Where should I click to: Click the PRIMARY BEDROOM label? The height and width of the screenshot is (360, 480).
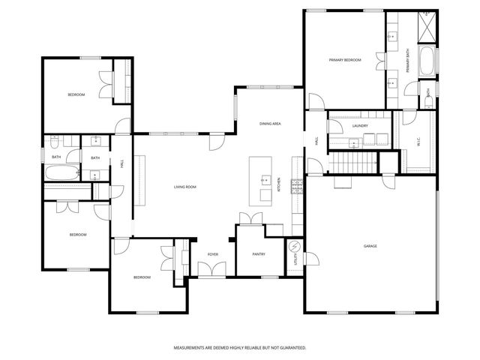(345, 60)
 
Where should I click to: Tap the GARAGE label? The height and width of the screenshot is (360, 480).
(370, 246)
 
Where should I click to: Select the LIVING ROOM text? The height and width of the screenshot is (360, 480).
(185, 187)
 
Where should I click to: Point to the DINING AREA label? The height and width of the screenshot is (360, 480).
(270, 123)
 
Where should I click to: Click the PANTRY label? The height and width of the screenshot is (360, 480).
(259, 255)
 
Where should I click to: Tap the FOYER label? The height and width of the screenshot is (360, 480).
(213, 255)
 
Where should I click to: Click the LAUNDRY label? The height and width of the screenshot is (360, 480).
(360, 125)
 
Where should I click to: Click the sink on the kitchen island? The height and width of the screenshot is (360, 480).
(265, 180)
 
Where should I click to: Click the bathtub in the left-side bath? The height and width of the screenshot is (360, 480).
(58, 174)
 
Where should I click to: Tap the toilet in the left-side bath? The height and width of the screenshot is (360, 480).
(71, 156)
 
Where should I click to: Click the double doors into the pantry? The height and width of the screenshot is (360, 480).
(249, 218)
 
